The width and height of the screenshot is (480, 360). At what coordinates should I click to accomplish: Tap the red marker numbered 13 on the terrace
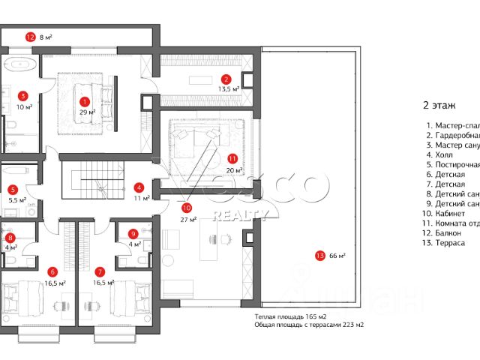coord(322,256)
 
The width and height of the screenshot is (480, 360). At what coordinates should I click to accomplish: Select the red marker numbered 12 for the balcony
coord(31,35)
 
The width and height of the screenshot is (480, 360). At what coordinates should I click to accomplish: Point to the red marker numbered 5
coord(13,190)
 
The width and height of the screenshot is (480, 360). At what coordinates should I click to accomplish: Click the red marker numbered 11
coord(232,159)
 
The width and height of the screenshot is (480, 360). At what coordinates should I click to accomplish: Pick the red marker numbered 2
coord(224,78)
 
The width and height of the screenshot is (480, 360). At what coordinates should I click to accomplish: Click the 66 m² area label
coord(337,256)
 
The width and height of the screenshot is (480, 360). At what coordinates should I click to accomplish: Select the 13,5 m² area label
coord(228,88)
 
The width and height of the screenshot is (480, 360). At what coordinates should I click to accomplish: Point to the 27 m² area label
coord(188,220)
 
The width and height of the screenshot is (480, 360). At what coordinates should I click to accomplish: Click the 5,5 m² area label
coord(17,200)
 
